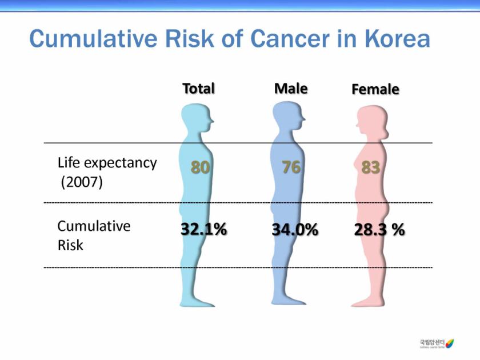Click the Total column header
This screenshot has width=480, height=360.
point(198,89)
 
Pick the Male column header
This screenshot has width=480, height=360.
point(291,89)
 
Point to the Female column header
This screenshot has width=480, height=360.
point(375,90)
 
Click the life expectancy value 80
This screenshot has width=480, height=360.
point(200,167)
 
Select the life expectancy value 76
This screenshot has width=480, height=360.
point(291,167)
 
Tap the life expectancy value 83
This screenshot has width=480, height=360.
point(371,167)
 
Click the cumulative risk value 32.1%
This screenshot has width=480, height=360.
point(203,230)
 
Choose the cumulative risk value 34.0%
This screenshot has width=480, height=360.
point(295,230)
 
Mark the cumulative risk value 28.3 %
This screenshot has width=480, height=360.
point(379,230)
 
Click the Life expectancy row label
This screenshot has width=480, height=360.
point(107,162)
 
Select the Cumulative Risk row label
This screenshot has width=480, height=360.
point(94,235)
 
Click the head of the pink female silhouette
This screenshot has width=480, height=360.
point(369,121)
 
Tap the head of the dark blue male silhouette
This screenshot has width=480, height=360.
point(287,118)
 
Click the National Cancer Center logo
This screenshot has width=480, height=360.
point(437,343)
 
